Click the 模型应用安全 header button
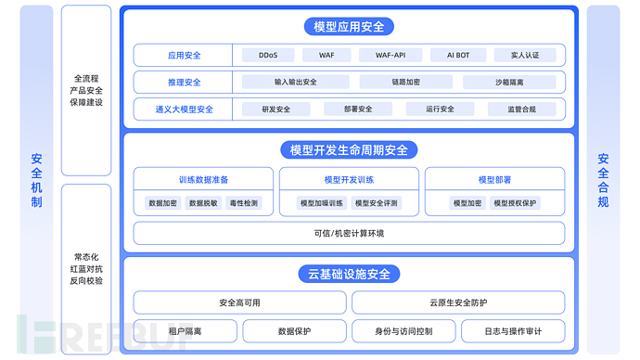click(x=349, y=27)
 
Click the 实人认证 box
click(x=524, y=56)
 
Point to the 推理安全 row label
click(x=184, y=82)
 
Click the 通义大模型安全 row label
click(x=184, y=109)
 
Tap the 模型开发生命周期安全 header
click(x=349, y=150)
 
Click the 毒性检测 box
click(x=244, y=202)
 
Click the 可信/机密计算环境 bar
click(x=349, y=233)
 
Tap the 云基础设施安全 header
click(x=349, y=274)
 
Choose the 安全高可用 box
click(x=240, y=302)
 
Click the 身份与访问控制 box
click(x=403, y=330)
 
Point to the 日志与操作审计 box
click(x=512, y=330)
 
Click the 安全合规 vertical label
click(x=603, y=180)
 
